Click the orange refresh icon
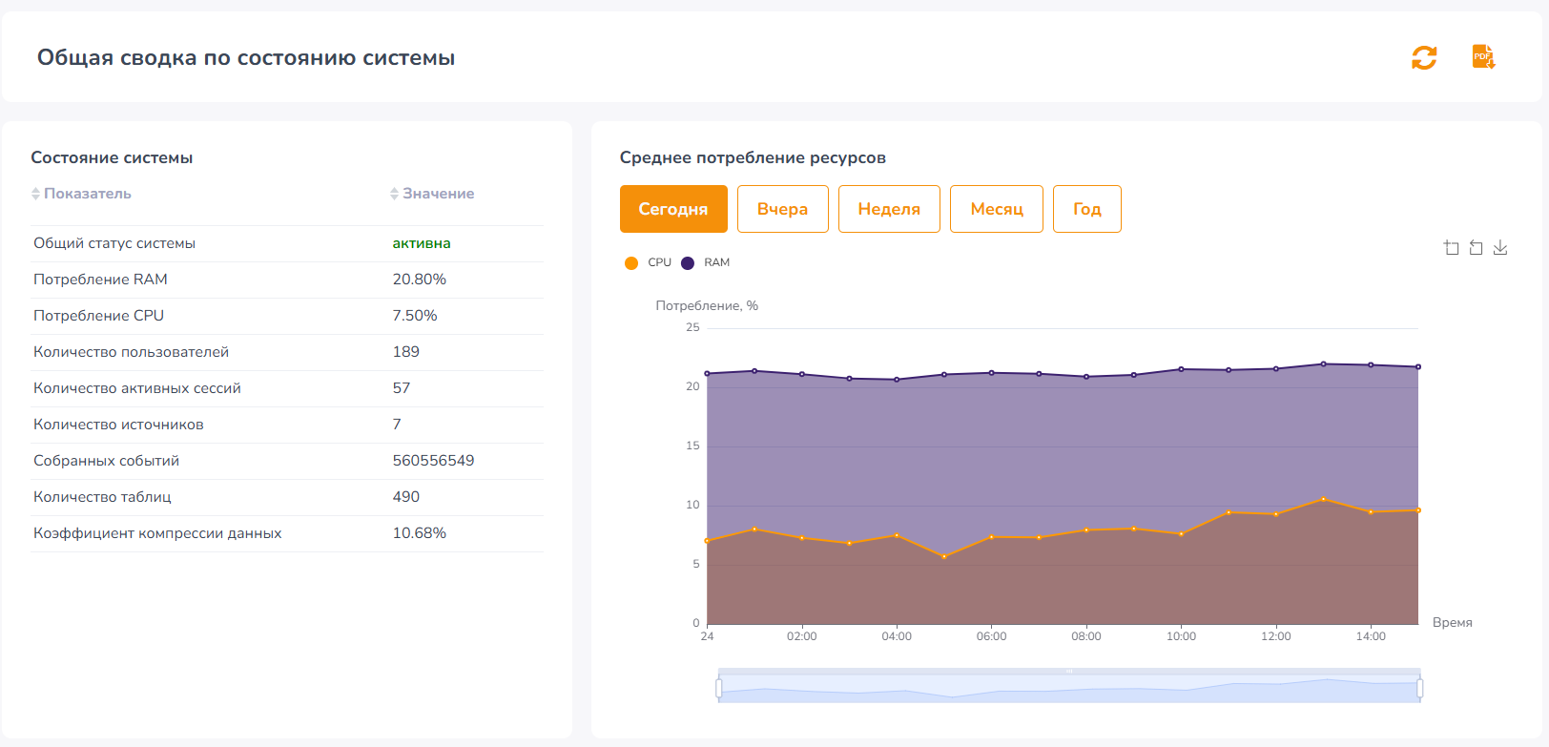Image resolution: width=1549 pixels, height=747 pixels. [x=1424, y=57]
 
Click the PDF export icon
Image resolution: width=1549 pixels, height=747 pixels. [x=1483, y=56]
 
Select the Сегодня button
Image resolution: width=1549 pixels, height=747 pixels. [x=673, y=209]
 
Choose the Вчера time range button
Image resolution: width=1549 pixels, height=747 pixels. [x=783, y=209]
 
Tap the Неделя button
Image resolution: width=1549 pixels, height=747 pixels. [x=889, y=209]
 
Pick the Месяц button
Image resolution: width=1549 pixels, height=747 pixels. [x=997, y=209]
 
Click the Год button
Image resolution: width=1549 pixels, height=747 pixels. [x=1087, y=209]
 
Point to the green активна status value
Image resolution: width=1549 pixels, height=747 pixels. [x=422, y=243]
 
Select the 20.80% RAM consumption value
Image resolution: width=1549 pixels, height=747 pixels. [x=419, y=280]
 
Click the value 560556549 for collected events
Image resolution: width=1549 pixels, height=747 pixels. [x=434, y=461]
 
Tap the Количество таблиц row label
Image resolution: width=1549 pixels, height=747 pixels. [x=102, y=497]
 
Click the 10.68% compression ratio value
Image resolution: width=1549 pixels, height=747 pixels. [x=419, y=533]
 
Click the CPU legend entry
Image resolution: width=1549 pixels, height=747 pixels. [x=648, y=263]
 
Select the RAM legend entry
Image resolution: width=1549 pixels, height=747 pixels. [x=706, y=263]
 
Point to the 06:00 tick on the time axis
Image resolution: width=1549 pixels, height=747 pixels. [x=992, y=636]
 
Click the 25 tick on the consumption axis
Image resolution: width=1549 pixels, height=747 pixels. [x=692, y=327]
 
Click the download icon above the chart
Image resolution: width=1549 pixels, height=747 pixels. [x=1500, y=248]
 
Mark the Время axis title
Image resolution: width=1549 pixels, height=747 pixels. [x=1452, y=622]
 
